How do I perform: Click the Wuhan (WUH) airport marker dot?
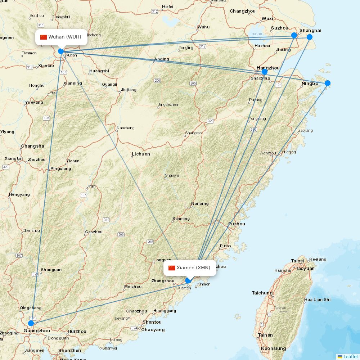click(61, 51)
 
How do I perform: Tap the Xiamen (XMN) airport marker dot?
click(188, 280)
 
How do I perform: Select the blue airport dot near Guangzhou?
click(31, 323)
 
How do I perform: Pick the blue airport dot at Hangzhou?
click(265, 72)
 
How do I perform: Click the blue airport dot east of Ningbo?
click(328, 83)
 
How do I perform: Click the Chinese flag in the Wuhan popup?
click(44, 37)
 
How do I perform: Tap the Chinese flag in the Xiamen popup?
click(172, 268)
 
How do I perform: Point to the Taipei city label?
click(298, 261)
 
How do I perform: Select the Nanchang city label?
click(125, 128)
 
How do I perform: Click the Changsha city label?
click(32, 146)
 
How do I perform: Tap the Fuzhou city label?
click(237, 224)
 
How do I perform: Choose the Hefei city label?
click(167, 7)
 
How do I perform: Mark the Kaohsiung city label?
click(274, 348)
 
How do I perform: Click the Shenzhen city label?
click(69, 350)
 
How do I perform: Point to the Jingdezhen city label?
click(168, 105)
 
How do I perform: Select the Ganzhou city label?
click(94, 232)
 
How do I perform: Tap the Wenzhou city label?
click(268, 153)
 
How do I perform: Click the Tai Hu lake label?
click(257, 34)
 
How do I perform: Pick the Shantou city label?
click(152, 322)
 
